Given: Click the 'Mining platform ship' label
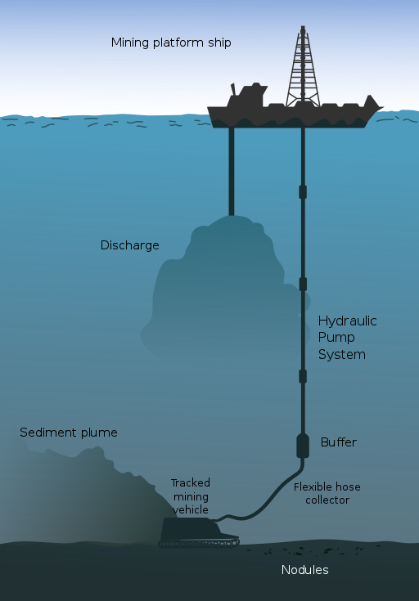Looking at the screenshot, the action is pyautogui.click(x=171, y=43).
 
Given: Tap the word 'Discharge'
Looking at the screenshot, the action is pyautogui.click(x=129, y=245).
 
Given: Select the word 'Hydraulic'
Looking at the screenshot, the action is pyautogui.click(x=348, y=321).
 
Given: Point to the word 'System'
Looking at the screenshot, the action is pyautogui.click(x=342, y=355).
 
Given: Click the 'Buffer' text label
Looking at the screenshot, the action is pyautogui.click(x=339, y=442).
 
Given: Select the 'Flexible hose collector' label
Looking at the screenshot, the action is pyautogui.click(x=327, y=494).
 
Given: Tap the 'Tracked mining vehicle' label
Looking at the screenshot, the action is pyautogui.click(x=191, y=496).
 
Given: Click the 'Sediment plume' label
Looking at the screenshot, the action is pyautogui.click(x=69, y=433).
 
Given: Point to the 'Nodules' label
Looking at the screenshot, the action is pyautogui.click(x=305, y=570).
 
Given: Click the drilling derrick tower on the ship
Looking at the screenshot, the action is pyautogui.click(x=303, y=66).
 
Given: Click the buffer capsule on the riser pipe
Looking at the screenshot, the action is pyautogui.click(x=303, y=446).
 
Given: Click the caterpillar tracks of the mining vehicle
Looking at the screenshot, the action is pyautogui.click(x=199, y=543).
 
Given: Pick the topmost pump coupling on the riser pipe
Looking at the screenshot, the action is pyautogui.click(x=303, y=192).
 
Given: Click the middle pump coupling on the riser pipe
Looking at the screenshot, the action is pyautogui.click(x=303, y=284).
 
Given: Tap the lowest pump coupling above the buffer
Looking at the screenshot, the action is pyautogui.click(x=303, y=376).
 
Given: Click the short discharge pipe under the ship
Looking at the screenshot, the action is pyautogui.click(x=232, y=172).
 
